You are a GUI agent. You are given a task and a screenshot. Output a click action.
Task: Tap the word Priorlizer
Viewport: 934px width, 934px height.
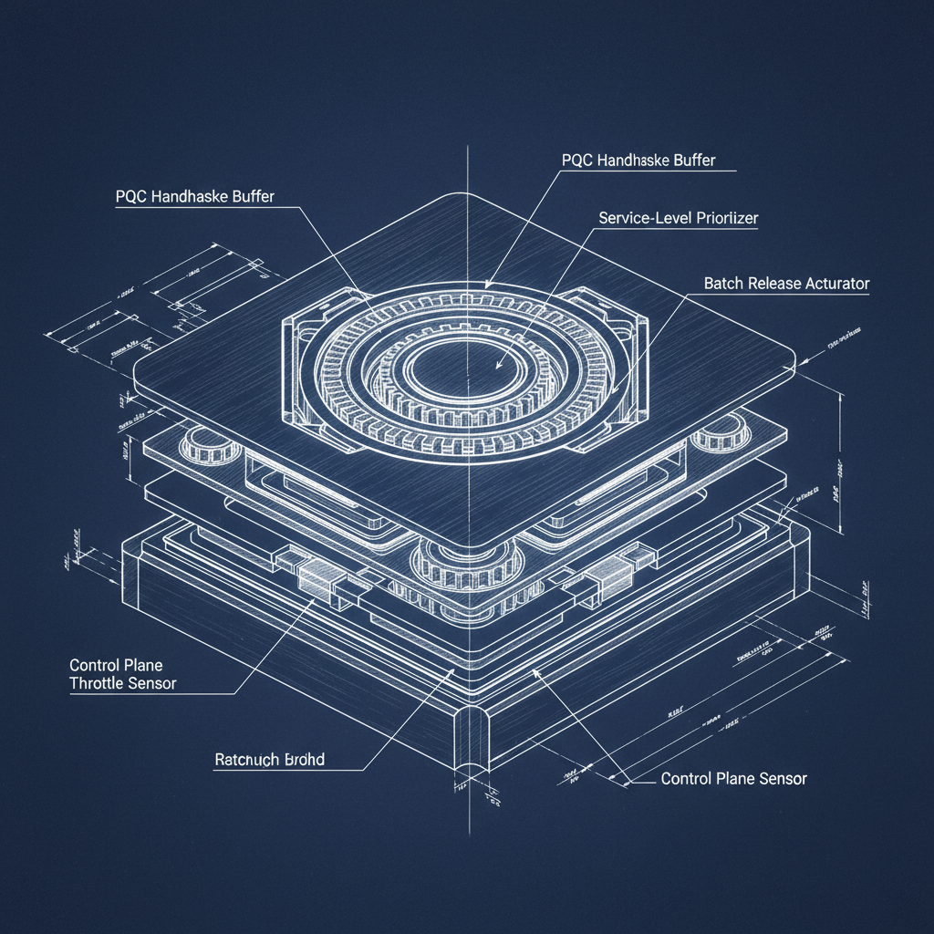point(724,219)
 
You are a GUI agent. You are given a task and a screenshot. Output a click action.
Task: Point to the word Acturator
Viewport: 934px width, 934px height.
point(837,284)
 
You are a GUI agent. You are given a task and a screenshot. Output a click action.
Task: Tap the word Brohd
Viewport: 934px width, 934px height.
point(305,759)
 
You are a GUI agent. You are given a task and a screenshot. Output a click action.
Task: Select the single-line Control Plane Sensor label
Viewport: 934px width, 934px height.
point(733,779)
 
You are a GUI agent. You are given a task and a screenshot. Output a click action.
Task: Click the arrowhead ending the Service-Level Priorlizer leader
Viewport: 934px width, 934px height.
point(497,367)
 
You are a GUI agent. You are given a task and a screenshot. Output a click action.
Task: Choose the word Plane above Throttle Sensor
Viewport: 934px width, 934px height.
point(141,665)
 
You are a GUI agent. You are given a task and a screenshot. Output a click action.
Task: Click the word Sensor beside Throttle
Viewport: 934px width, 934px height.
point(151,683)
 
